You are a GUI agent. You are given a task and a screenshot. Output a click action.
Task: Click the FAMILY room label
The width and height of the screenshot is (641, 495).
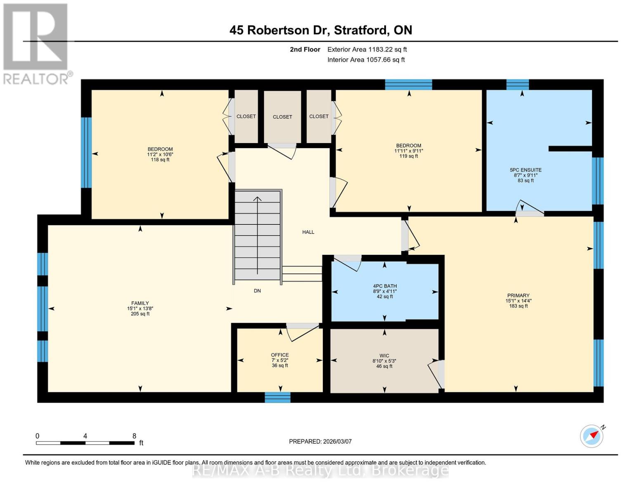tap(140, 303)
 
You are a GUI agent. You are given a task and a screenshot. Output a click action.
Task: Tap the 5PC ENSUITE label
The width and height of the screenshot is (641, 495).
tap(525, 170)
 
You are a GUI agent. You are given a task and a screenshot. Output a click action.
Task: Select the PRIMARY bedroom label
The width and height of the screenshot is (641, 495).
tap(518, 295)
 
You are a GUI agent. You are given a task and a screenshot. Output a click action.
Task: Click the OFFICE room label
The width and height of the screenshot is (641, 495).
tap(280, 355)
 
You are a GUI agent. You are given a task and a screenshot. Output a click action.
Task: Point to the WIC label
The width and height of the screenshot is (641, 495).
tap(384, 356)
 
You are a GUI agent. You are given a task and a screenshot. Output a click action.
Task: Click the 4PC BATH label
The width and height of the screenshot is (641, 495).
tap(385, 286)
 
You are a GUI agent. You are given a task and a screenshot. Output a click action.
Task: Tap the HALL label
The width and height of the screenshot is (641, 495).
tap(308, 232)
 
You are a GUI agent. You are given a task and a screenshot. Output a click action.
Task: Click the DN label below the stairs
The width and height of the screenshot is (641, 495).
tap(257, 291)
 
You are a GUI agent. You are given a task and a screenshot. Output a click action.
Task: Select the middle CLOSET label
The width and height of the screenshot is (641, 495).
tap(282, 117)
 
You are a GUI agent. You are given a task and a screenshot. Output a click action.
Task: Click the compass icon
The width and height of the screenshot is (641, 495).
tap(592, 436)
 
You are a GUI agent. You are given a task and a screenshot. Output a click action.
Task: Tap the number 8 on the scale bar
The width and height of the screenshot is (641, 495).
tap(134, 436)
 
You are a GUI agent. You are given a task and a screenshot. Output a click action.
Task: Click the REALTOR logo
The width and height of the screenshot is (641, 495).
tap(36, 43)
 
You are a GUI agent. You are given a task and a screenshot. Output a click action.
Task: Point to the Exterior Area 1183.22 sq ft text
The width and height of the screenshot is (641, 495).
tap(367, 49)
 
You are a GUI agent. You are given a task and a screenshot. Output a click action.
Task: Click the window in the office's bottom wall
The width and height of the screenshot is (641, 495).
tap(277, 397)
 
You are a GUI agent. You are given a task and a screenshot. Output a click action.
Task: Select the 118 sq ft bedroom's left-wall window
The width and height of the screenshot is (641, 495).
tap(86, 153)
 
